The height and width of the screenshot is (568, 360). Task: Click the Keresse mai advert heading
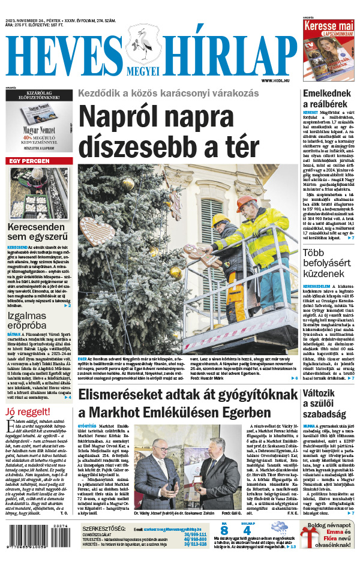328,27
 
